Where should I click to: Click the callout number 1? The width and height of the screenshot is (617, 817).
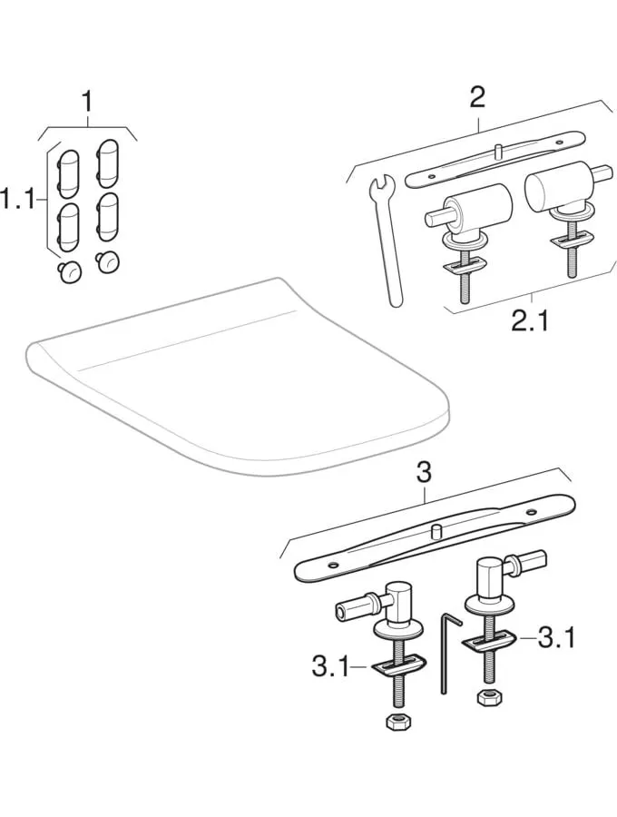pos(87,102)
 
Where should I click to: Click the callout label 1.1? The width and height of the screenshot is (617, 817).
pos(20,199)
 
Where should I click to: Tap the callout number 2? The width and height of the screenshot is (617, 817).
pos(477,97)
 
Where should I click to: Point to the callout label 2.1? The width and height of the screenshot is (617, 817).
pos(530,321)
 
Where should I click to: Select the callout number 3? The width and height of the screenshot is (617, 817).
pos(425,474)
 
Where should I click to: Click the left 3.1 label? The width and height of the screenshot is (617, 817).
pos(332,666)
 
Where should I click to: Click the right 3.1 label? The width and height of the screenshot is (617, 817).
pos(556,638)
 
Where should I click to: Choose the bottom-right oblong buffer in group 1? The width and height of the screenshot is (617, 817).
pos(108,217)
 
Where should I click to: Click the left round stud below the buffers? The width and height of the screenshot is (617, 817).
pos(69,271)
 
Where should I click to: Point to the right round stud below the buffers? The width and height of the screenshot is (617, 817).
pos(107,261)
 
